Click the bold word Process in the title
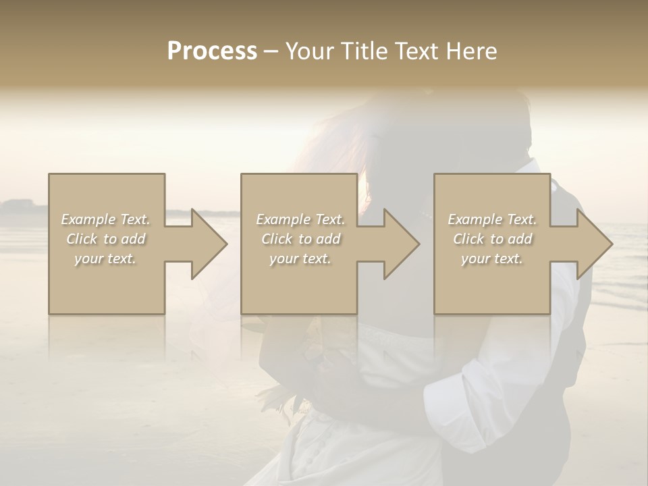(x=212, y=51)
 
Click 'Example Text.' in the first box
(x=106, y=219)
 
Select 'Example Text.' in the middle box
(x=300, y=219)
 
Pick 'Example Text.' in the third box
(x=492, y=219)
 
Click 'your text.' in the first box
(x=105, y=259)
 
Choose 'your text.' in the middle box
(x=300, y=259)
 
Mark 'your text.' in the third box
(x=491, y=259)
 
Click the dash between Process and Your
(x=271, y=51)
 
